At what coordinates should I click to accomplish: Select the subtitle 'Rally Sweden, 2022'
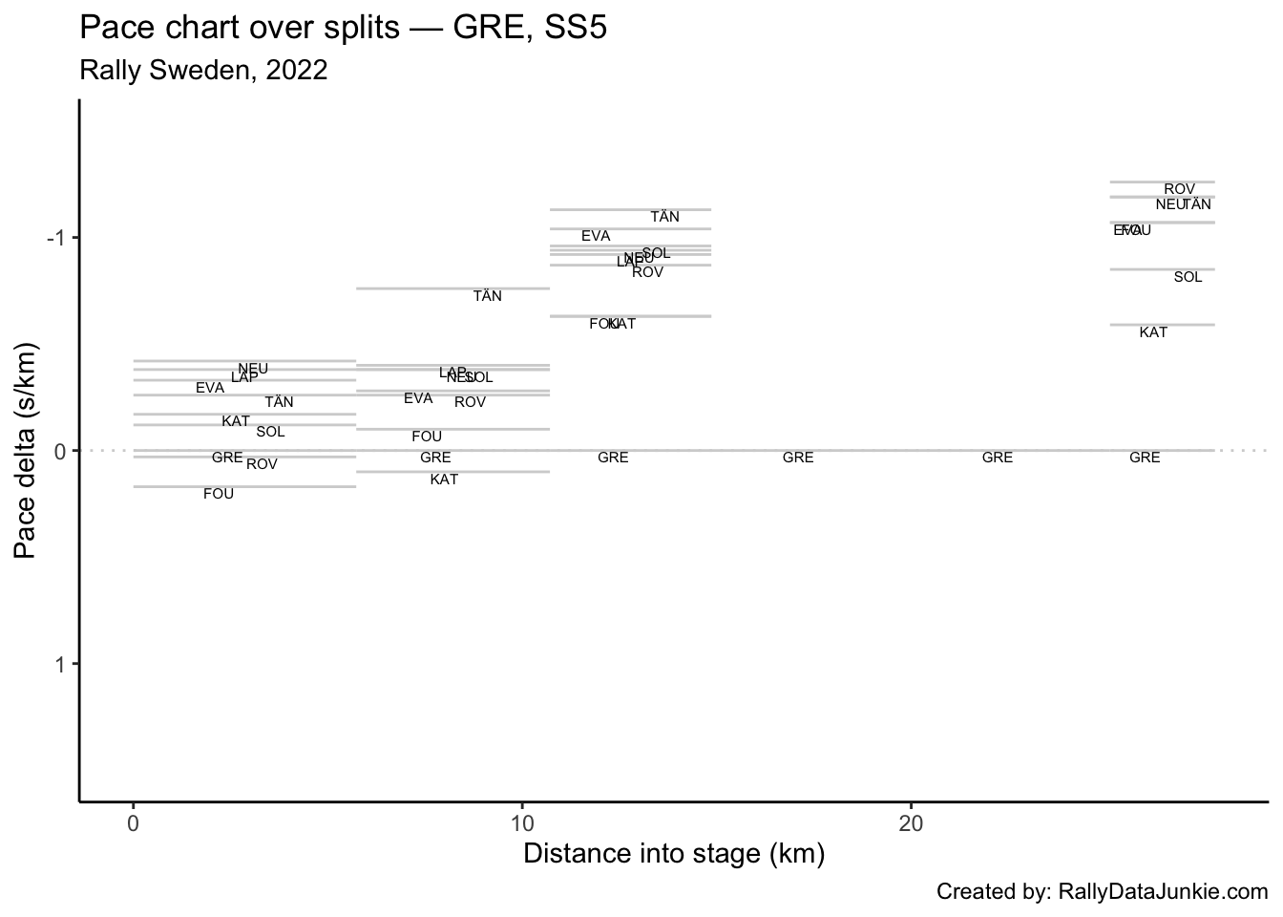(203, 71)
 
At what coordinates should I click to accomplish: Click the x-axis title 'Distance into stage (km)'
(673, 853)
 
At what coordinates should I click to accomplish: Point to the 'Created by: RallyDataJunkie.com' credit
(1102, 892)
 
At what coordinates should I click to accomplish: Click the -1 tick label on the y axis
(57, 237)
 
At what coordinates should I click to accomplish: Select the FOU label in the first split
(219, 494)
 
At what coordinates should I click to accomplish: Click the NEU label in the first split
(253, 369)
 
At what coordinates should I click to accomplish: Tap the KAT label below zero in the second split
(444, 480)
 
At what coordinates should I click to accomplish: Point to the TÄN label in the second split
(487, 296)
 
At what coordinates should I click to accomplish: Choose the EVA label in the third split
(596, 236)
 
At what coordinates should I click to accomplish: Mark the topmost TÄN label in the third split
(664, 217)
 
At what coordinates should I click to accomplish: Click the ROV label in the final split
(1179, 190)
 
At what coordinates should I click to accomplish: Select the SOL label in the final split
(1188, 277)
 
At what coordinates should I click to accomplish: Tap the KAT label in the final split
(1153, 332)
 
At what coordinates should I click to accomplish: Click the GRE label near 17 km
(798, 458)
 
